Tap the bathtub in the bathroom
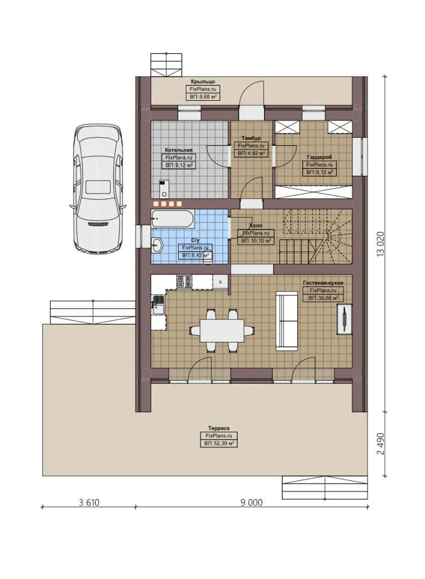[173, 219]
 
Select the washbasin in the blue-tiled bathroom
[157, 246]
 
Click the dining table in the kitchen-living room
[222, 331]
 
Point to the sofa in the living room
[286, 321]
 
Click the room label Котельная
[179, 150]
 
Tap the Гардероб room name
[319, 157]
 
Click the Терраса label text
[219, 428]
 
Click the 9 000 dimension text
[252, 502]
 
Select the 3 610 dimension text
[89, 502]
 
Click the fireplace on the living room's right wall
[343, 319]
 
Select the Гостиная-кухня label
[323, 281]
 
